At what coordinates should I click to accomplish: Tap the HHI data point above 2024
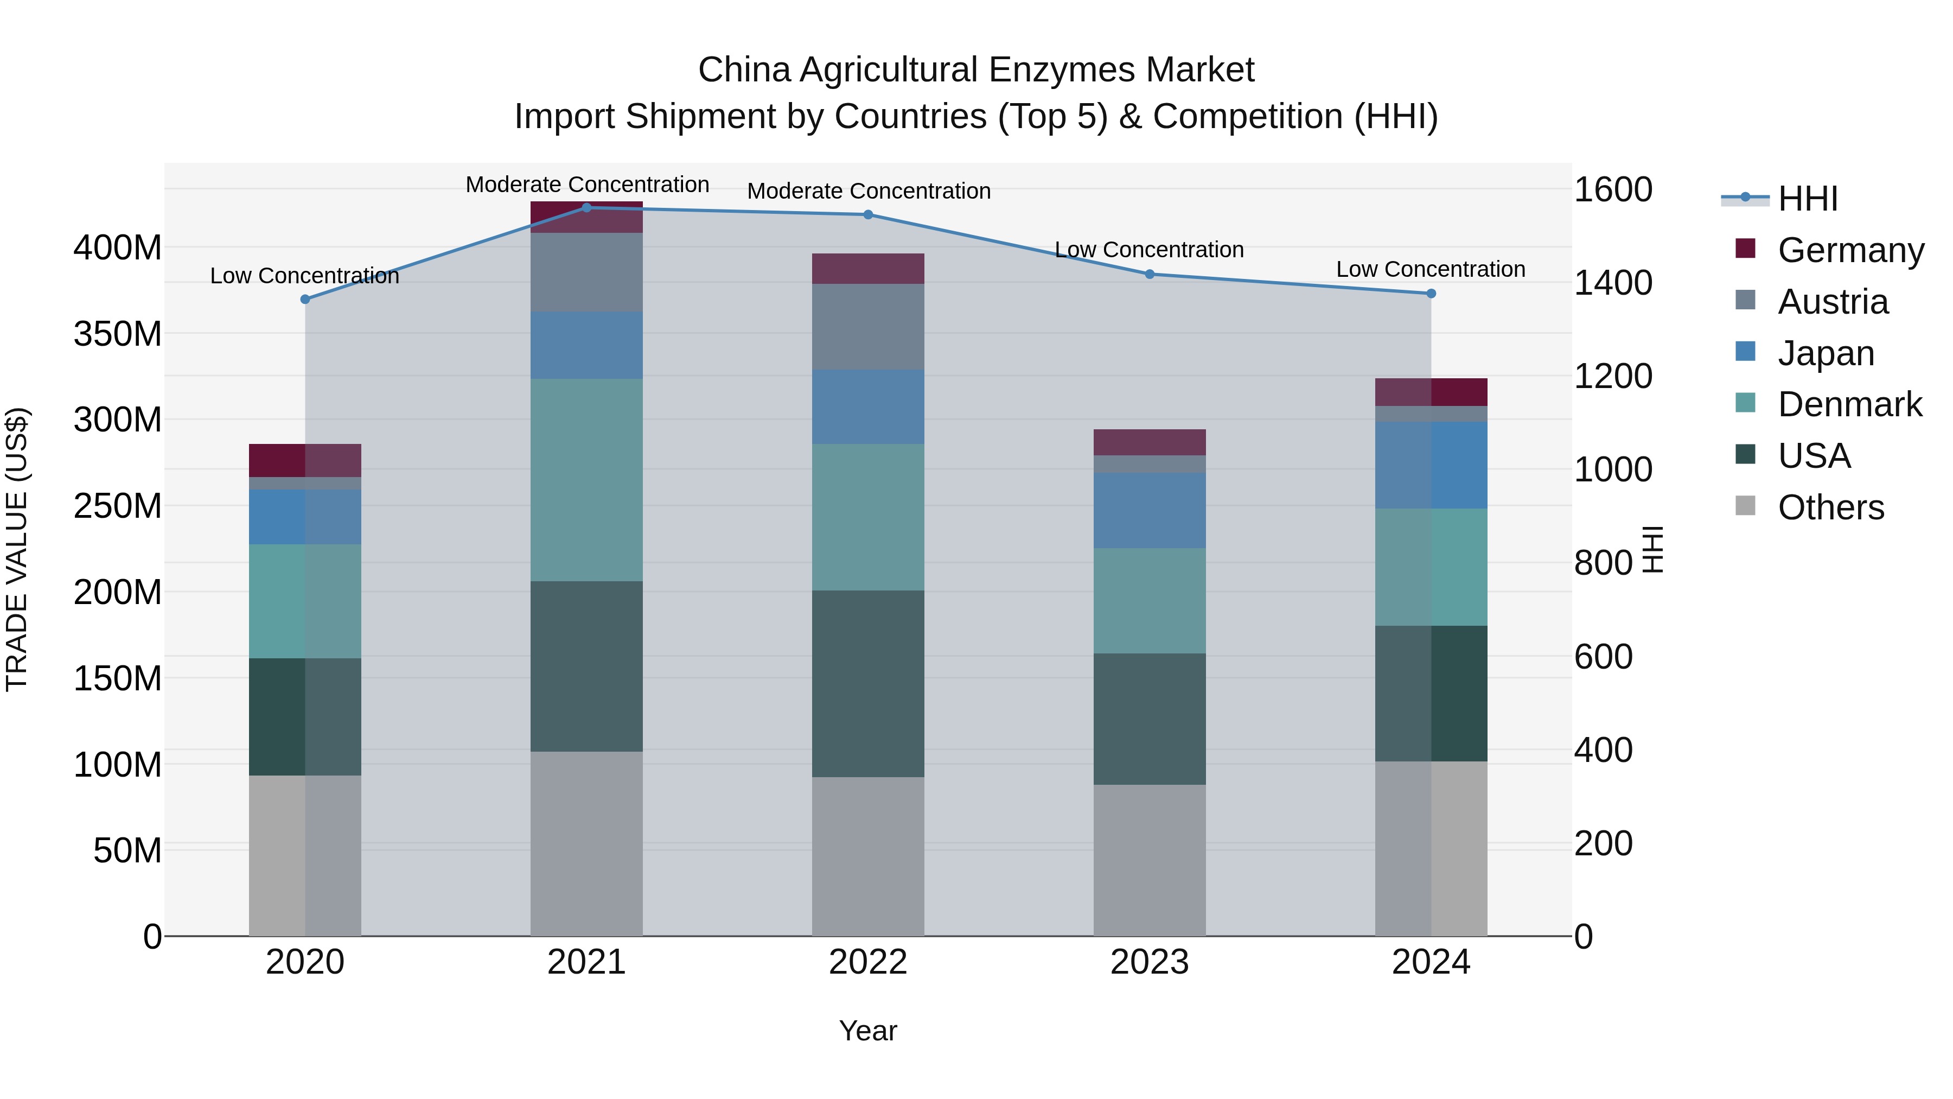[1431, 294]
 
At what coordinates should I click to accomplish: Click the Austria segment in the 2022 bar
[868, 326]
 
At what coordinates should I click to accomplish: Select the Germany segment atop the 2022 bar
[868, 269]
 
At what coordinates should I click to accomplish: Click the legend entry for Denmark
[1850, 404]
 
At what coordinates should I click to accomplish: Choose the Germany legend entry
[1850, 250]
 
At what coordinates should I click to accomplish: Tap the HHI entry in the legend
[1808, 199]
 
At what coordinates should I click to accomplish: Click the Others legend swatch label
[1831, 507]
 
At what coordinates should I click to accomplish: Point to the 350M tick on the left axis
[118, 334]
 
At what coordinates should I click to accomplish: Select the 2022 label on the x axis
[868, 962]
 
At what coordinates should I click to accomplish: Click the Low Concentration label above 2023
[1150, 250]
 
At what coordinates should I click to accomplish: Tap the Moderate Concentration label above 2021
[587, 185]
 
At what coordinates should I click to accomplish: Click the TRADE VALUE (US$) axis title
[17, 549]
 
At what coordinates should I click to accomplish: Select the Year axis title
[868, 1031]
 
